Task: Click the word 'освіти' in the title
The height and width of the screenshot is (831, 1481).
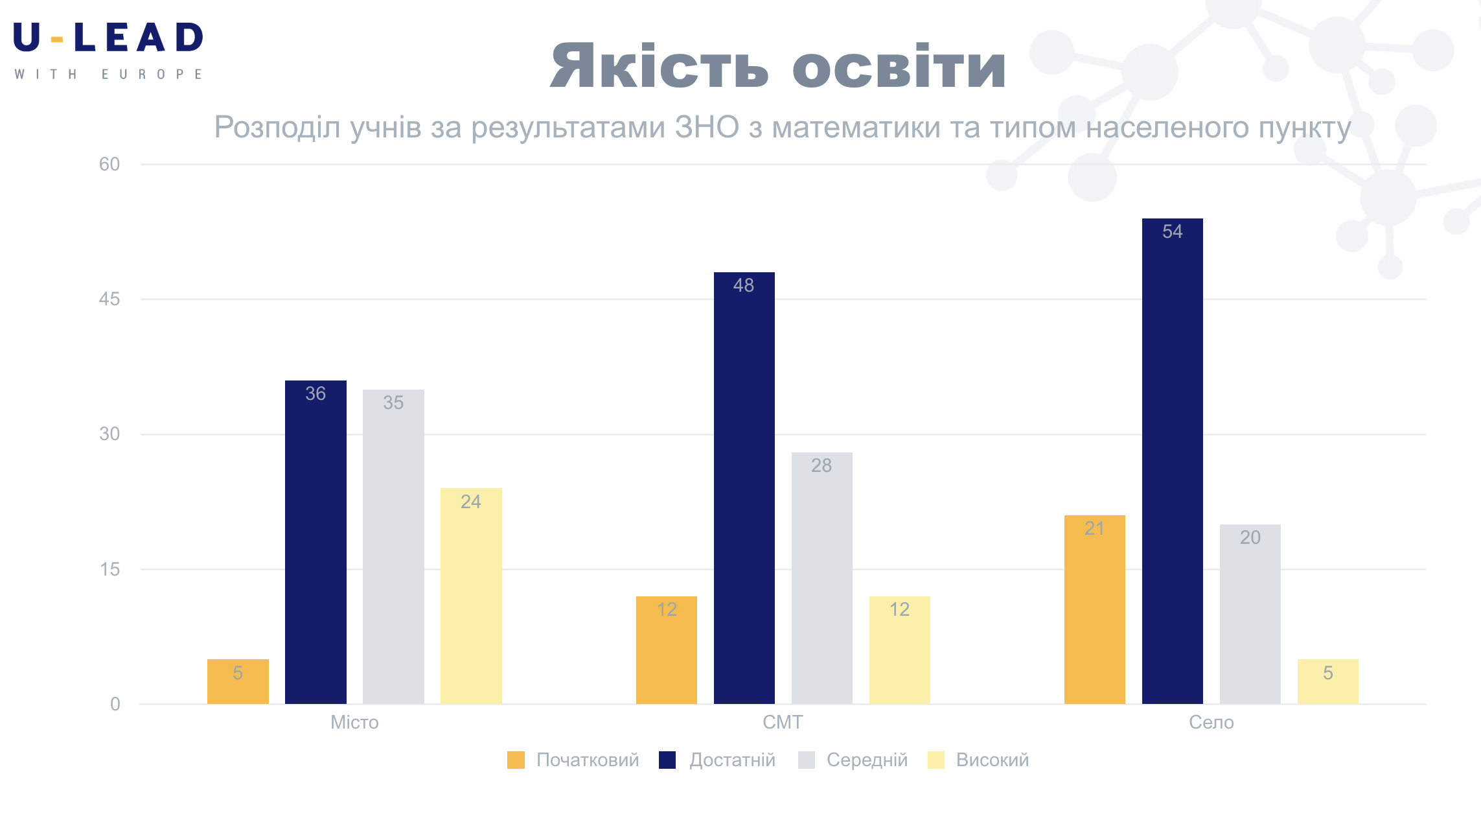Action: click(x=899, y=67)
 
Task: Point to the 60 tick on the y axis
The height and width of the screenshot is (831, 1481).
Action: click(x=109, y=164)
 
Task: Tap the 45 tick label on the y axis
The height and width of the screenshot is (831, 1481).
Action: click(x=109, y=299)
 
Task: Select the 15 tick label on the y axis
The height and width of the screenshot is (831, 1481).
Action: click(x=109, y=569)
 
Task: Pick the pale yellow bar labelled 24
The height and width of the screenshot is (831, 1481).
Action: click(x=471, y=596)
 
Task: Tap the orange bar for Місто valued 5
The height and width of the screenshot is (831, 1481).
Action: click(x=238, y=681)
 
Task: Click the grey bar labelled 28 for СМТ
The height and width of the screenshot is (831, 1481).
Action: click(x=821, y=578)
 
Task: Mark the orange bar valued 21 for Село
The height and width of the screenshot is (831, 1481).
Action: click(x=1094, y=609)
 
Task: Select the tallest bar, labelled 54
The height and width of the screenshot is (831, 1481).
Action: click(x=1172, y=461)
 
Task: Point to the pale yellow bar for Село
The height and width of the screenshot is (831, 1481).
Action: click(x=1327, y=681)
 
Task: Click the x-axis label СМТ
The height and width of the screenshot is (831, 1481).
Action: click(x=783, y=722)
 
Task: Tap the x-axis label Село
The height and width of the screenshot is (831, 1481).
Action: click(x=1211, y=722)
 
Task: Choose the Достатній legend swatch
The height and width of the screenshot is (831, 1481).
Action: click(x=667, y=760)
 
